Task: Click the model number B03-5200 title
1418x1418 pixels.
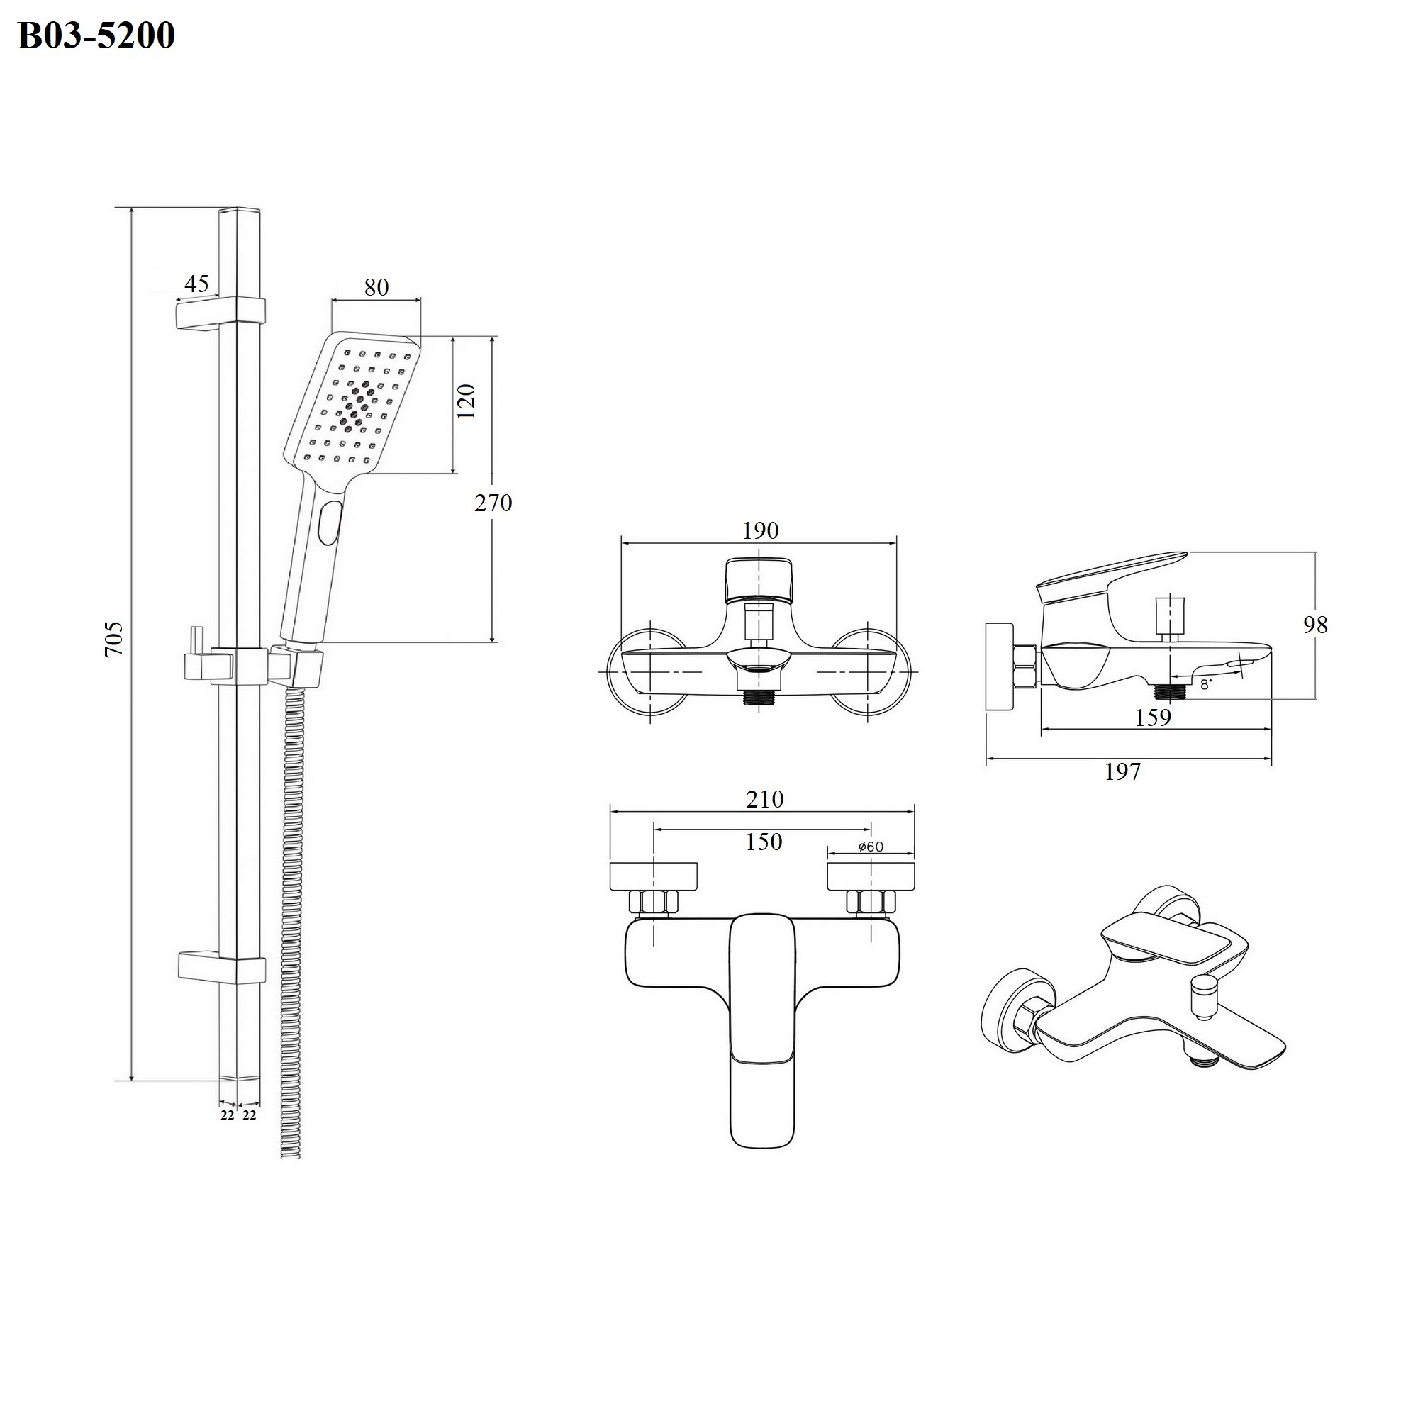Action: click(96, 35)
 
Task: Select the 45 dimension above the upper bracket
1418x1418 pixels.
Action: click(196, 283)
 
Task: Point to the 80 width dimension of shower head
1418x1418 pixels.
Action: click(376, 287)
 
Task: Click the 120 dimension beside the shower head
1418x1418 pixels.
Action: click(467, 401)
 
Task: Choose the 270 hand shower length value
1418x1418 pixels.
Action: click(493, 503)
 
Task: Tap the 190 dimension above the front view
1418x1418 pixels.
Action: click(759, 530)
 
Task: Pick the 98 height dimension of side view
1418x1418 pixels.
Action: click(1315, 625)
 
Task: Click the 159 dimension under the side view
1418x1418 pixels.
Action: click(1153, 717)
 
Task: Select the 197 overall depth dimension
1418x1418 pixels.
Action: click(1123, 771)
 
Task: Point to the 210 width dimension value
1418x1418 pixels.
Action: click(765, 798)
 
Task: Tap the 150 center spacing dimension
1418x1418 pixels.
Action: click(764, 841)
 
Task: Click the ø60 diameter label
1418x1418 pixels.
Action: click(871, 847)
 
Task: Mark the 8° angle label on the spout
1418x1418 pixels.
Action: click(1205, 685)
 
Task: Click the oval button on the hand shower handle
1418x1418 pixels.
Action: click(330, 523)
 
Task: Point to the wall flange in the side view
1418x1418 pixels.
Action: click(1000, 666)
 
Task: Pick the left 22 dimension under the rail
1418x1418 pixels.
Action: click(228, 1115)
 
